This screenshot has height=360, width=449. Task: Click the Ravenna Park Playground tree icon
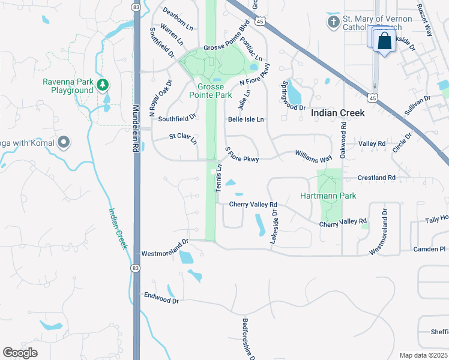point(103,83)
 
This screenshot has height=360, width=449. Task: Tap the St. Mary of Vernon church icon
point(333,23)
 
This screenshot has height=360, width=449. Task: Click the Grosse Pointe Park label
point(210,91)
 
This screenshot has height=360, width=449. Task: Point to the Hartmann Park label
point(328,196)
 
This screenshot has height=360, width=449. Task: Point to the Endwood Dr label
point(161,296)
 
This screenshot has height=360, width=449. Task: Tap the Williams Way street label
point(313,157)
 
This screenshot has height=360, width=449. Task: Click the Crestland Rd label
point(376,178)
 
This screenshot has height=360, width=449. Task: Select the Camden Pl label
point(429,249)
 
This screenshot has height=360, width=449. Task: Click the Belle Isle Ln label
point(246,119)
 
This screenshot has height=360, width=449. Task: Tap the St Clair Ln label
point(182,138)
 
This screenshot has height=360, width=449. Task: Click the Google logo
point(20,353)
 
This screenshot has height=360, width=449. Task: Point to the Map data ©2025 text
point(423,355)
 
